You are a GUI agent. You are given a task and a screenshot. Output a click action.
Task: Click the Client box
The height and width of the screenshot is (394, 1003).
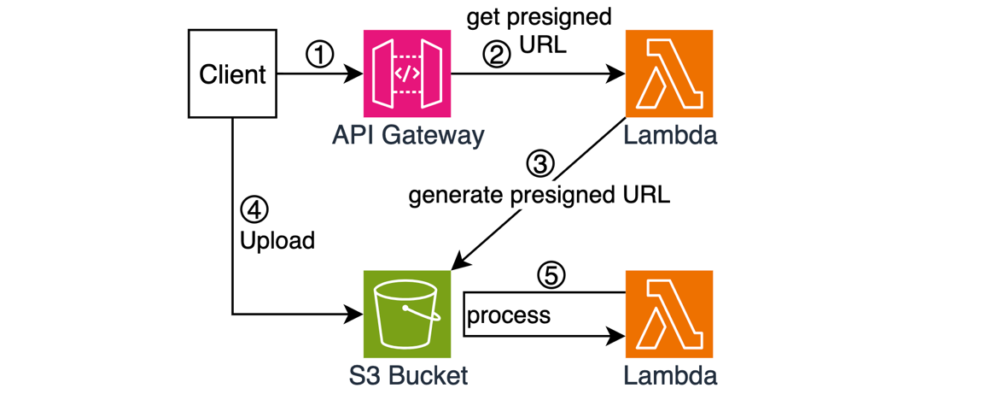click(x=232, y=74)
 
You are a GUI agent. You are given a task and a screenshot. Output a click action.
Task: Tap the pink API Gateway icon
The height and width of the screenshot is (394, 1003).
click(x=407, y=74)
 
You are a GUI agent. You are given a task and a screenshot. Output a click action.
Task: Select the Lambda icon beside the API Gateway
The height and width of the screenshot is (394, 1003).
click(x=669, y=74)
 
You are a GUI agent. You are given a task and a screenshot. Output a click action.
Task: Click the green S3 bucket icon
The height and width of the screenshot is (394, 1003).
click(x=407, y=314)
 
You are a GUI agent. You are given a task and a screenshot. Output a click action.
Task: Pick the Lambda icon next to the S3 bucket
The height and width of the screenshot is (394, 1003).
click(x=669, y=314)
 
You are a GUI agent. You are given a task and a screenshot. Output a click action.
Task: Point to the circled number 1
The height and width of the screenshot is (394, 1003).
click(x=319, y=56)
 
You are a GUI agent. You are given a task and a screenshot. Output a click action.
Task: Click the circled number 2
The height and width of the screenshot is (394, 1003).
click(x=497, y=55)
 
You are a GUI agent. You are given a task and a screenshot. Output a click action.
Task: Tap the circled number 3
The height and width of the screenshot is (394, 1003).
click(x=539, y=162)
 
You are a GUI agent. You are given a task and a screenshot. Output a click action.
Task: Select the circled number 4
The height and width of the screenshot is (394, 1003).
click(x=254, y=209)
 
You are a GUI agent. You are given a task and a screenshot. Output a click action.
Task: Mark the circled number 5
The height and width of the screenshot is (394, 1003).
click(x=551, y=275)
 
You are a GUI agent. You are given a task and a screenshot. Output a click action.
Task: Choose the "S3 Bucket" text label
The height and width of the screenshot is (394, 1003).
click(x=406, y=375)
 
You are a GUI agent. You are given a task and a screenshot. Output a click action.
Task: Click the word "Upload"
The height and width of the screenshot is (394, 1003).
click(x=277, y=241)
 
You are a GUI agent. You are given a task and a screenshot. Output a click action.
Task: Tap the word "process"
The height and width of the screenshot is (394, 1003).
click(x=509, y=315)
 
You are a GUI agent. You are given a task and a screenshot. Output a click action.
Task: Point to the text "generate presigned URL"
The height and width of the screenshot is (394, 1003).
click(x=539, y=195)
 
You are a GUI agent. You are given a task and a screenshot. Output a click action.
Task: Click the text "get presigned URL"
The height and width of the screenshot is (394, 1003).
click(x=539, y=31)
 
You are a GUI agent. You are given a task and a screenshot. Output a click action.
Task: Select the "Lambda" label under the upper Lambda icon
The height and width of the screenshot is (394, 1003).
click(x=670, y=135)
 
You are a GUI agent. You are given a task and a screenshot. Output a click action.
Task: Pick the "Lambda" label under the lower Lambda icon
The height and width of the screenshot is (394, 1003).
click(x=670, y=375)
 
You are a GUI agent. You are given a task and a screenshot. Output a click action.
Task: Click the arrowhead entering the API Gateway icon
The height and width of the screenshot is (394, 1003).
click(x=356, y=74)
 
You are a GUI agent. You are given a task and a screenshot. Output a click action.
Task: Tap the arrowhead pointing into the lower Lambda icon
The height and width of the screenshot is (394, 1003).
click(x=617, y=336)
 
